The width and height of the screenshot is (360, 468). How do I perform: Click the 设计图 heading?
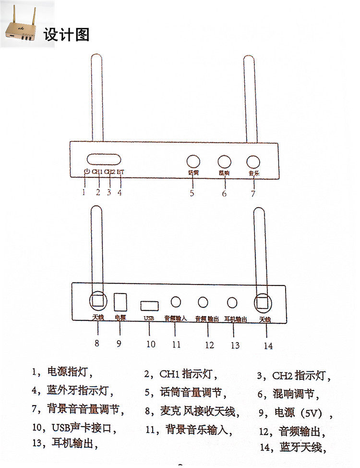point(66,35)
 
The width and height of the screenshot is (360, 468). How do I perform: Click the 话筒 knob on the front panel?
point(193,161)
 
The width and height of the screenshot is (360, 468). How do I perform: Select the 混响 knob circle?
point(224,161)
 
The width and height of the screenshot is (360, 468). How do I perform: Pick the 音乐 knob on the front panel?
point(253,161)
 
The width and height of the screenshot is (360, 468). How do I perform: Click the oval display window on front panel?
point(103,160)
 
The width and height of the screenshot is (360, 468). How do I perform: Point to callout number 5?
point(192,193)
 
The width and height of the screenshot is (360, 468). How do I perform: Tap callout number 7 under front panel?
point(253,193)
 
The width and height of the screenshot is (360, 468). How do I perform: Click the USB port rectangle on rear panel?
point(150,305)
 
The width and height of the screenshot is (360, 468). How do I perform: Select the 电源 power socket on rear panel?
point(120,301)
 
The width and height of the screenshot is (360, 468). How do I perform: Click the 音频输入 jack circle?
point(176,301)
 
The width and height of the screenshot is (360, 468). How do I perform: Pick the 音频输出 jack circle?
point(203,302)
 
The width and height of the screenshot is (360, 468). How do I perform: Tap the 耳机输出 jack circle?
point(232,302)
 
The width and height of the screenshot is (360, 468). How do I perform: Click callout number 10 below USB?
point(151,344)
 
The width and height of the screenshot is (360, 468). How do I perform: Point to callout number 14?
point(268,345)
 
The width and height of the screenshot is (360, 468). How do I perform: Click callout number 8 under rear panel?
point(97,343)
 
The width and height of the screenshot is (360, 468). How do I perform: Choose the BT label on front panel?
point(120,172)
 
